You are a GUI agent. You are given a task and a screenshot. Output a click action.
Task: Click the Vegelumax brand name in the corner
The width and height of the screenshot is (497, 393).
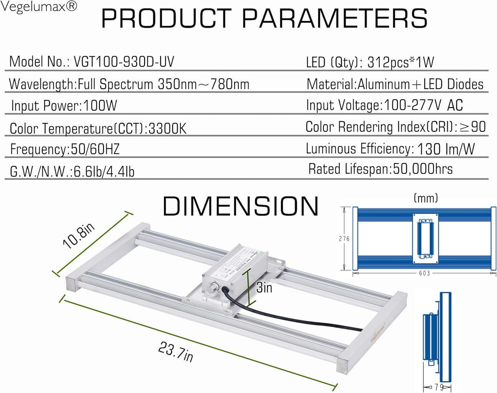[39, 7]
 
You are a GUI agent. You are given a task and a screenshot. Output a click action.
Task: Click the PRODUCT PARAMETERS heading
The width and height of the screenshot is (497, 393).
[264, 19]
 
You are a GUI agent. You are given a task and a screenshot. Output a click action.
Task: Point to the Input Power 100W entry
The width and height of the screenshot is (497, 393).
[64, 106]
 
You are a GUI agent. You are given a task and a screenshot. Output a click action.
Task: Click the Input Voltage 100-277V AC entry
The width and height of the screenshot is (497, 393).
[384, 105]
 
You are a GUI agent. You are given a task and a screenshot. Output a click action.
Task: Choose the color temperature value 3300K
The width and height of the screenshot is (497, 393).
[167, 129]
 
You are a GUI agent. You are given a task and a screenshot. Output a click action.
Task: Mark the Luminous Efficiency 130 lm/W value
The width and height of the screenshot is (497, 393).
[445, 149]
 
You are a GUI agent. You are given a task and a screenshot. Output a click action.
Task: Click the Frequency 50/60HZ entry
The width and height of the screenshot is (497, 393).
[65, 149]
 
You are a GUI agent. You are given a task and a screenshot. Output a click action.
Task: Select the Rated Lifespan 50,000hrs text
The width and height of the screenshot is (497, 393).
[380, 169]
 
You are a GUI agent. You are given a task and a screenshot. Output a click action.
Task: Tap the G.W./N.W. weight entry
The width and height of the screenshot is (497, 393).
[72, 172]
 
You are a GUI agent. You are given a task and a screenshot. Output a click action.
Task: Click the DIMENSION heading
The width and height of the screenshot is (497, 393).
[240, 207]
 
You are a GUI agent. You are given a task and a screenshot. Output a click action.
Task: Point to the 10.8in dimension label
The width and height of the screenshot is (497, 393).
[78, 235]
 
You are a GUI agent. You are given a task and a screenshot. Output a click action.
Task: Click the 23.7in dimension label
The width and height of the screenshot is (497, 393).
[175, 352]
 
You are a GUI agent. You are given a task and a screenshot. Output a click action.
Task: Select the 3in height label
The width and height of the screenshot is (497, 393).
[264, 288]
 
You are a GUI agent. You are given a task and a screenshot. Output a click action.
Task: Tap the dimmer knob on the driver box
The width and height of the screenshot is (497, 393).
[215, 288]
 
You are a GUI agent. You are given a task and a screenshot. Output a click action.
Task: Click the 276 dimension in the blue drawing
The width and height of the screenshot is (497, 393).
[344, 239]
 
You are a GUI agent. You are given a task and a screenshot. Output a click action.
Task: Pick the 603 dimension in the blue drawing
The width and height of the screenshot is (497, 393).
[424, 273]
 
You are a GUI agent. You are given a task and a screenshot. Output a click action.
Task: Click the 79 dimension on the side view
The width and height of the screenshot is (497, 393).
[439, 387]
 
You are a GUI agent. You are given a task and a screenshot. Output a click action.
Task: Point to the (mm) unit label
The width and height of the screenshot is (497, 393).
[426, 198]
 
